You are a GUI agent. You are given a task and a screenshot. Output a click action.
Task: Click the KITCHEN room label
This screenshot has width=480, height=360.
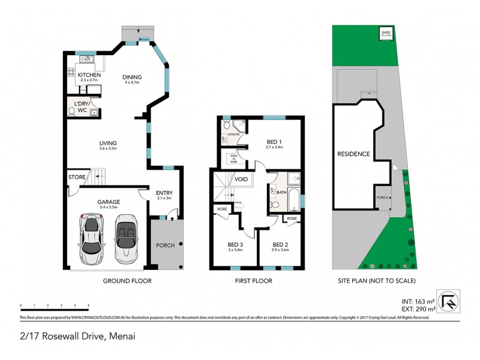pyautogui.click(x=84, y=75)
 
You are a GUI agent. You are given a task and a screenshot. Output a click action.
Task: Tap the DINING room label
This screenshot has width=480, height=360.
pyautogui.click(x=132, y=77)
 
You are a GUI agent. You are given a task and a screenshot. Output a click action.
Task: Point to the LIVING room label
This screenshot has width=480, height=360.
pyautogui.click(x=108, y=143)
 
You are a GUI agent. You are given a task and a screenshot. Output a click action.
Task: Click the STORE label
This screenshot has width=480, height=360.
pyautogui.click(x=76, y=177)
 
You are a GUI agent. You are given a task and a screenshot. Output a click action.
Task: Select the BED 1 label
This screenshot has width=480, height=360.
pyautogui.click(x=274, y=142)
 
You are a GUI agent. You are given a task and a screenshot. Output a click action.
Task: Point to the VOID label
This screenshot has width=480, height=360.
pyautogui.click(x=242, y=179)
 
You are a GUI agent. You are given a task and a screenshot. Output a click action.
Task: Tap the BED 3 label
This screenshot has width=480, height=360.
pyautogui.click(x=235, y=244)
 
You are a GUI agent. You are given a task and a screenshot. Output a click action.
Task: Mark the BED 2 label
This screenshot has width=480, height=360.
pyautogui.click(x=280, y=244)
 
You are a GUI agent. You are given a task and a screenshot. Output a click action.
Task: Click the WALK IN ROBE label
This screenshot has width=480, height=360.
pyautogui.click(x=234, y=159)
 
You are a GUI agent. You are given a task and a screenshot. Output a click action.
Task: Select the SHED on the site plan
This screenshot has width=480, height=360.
pyautogui.click(x=387, y=34)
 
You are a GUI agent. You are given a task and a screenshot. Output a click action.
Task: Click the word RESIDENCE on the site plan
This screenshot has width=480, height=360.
pyautogui.click(x=353, y=154)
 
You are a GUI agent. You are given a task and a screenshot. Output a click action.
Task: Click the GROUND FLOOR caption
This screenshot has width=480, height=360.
pyautogui.click(x=127, y=281)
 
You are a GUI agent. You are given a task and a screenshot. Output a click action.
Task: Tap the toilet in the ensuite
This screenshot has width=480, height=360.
pyautogui.click(x=225, y=127)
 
